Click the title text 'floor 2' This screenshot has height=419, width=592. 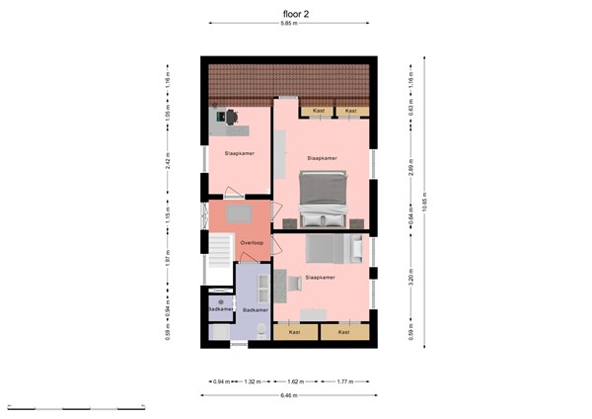pos(294,14)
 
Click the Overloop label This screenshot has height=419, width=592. pos(251,242)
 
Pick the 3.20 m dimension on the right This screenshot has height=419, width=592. pos(409,281)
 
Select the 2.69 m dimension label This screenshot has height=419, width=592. pos(409,169)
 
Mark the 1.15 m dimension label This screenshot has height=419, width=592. pos(168,212)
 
